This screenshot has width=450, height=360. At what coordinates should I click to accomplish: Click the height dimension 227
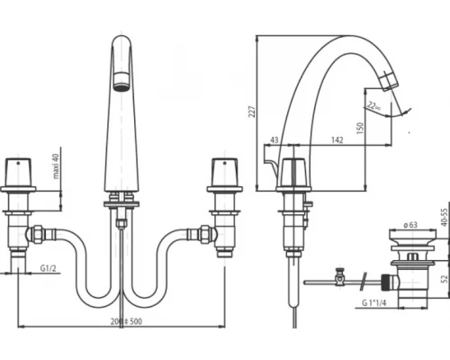(x=254, y=112)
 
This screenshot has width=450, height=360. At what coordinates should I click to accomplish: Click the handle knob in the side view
(x=293, y=171)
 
